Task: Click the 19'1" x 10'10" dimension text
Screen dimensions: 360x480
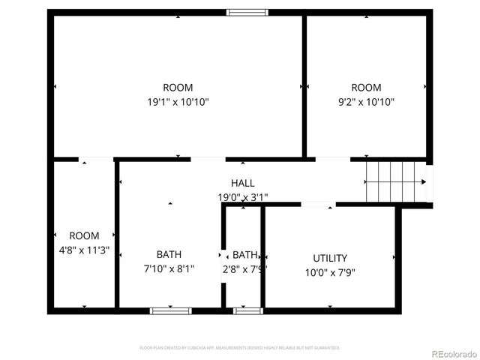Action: click(178, 102)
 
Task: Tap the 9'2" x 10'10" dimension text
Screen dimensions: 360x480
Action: click(366, 102)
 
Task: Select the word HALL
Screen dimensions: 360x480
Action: click(242, 183)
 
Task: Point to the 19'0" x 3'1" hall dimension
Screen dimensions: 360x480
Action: click(242, 197)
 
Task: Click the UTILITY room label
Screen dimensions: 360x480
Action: click(330, 259)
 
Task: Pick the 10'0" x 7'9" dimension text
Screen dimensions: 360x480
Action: click(330, 273)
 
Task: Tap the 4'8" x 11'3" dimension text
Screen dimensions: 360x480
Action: click(84, 250)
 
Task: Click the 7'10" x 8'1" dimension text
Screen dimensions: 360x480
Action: click(169, 268)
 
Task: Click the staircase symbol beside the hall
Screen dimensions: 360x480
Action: click(394, 181)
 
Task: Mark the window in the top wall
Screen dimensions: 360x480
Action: click(247, 12)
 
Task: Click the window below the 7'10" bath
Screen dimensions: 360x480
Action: click(170, 310)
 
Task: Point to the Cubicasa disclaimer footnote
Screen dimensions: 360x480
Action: click(240, 348)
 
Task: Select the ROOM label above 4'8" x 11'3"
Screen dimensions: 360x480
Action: click(84, 236)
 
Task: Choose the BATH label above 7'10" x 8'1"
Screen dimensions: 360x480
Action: click(169, 254)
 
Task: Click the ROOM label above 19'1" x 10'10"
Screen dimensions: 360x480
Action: click(178, 88)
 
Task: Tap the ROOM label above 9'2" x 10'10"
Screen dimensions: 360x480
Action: click(366, 88)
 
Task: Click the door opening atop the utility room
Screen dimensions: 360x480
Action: click(318, 204)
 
